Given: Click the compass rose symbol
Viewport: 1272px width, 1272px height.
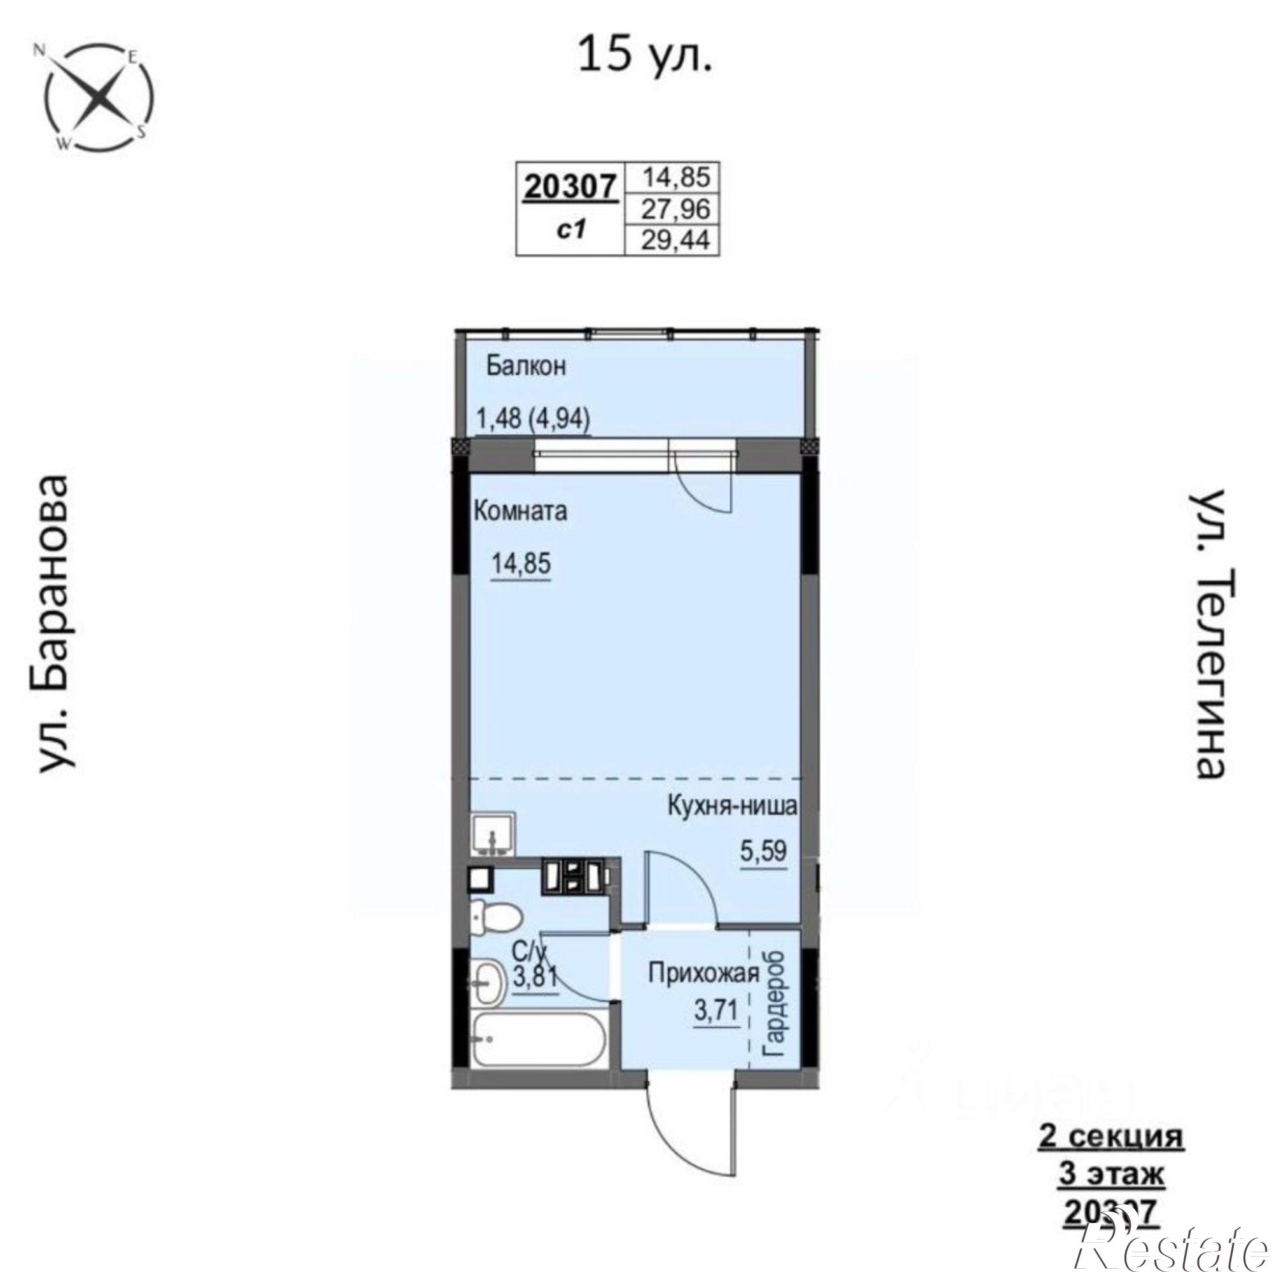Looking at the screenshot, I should pos(99,97).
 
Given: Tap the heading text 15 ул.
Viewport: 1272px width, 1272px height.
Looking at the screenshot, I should pos(644,55).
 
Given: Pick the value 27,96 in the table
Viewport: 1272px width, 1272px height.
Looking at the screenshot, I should pos(676,209).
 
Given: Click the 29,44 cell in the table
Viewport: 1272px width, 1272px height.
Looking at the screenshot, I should pos(676,241).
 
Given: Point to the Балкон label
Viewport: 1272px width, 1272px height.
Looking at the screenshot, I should pos(526,366).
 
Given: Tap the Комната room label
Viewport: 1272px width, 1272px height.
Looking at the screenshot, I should pos(520,511).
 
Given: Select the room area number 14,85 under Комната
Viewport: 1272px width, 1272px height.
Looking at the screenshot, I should pos(521,564).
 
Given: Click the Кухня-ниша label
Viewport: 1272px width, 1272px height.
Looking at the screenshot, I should pos(732,806).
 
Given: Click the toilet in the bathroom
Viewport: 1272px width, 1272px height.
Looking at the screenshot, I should pos(494,916).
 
